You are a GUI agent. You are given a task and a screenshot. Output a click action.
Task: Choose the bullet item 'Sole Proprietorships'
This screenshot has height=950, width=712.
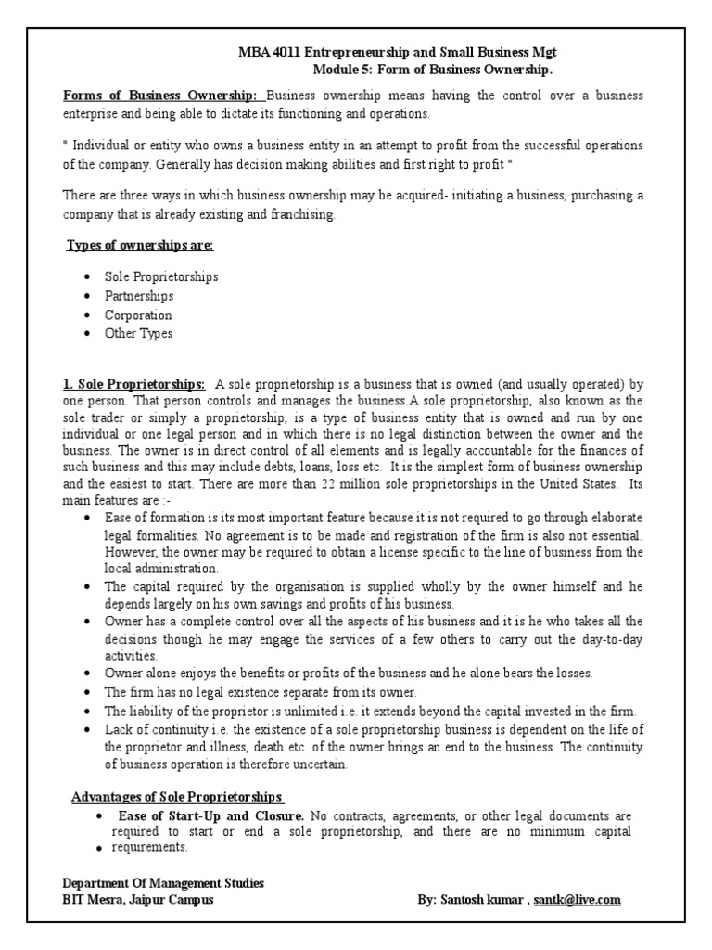click(161, 277)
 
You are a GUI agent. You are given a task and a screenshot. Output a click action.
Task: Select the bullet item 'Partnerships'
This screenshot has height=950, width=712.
click(139, 296)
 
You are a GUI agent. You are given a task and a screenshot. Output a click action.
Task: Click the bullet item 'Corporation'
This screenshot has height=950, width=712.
click(138, 315)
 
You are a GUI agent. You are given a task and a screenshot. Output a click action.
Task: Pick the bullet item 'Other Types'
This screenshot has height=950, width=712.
click(138, 334)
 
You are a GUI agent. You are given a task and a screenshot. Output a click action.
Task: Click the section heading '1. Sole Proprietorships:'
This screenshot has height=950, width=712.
click(133, 385)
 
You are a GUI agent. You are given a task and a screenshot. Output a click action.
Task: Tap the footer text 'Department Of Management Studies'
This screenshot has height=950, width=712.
click(163, 884)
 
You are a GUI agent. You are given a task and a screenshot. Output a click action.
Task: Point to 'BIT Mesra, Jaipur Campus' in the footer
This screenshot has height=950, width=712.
click(138, 900)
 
